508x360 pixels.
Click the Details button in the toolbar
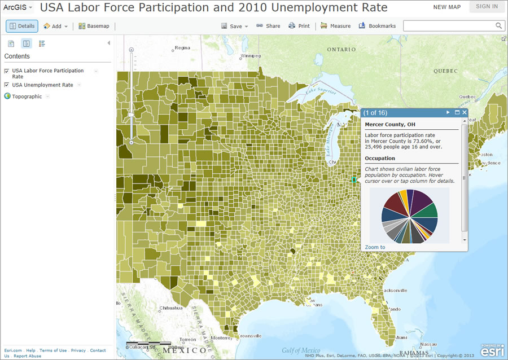click(x=22, y=26)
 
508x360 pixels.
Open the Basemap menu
click(x=94, y=26)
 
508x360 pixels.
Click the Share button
click(x=268, y=26)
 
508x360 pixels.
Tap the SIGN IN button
click(x=487, y=7)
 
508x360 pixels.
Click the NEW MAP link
click(x=447, y=7)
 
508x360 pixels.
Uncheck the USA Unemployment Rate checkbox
click(x=7, y=85)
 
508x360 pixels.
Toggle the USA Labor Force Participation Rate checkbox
click(x=7, y=71)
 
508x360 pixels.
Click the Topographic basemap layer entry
click(x=27, y=96)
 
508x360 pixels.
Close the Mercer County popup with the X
click(x=465, y=113)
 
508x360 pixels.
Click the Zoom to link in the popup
click(x=375, y=247)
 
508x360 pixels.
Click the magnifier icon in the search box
click(x=499, y=26)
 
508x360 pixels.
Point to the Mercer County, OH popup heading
click(x=390, y=124)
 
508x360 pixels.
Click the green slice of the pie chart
click(x=430, y=210)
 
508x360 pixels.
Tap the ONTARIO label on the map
click(x=341, y=50)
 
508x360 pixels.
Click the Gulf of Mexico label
click(x=301, y=350)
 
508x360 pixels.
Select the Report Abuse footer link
click(x=27, y=356)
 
